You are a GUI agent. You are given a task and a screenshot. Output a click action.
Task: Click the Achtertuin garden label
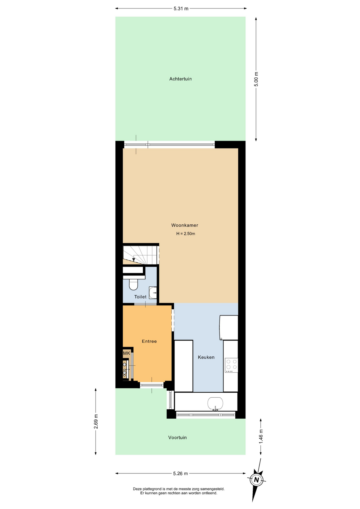tap(180, 79)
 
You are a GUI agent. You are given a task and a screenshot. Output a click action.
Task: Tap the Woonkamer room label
tap(185, 225)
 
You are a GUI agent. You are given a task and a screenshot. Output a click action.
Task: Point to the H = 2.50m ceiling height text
tap(186, 234)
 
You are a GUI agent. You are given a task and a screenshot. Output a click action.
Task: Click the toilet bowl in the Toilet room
tap(133, 284)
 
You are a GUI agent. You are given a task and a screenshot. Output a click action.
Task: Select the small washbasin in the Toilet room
tap(153, 293)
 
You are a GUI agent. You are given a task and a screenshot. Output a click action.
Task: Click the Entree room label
tap(149, 341)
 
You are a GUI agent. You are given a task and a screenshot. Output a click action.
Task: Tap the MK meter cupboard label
tap(126, 353)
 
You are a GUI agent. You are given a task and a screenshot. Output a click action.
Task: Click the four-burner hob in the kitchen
tap(231, 365)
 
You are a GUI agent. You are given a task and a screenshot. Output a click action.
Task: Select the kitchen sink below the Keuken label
tap(215, 404)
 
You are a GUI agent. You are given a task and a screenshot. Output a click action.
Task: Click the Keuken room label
tap(206, 357)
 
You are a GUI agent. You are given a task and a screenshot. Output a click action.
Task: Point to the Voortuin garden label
tap(177, 437)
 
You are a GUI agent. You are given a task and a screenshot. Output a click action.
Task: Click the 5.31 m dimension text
tap(181, 8)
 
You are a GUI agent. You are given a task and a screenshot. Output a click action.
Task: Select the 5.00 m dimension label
tap(256, 79)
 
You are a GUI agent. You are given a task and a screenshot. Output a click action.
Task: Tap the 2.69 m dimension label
tap(96, 421)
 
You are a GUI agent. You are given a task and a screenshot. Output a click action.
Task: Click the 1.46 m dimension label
tap(261, 436)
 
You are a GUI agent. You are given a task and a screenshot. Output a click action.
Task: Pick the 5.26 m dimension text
tap(180, 473)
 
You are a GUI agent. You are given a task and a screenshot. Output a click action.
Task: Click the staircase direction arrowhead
tap(134, 260)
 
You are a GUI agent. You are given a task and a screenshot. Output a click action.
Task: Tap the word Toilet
tap(140, 297)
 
